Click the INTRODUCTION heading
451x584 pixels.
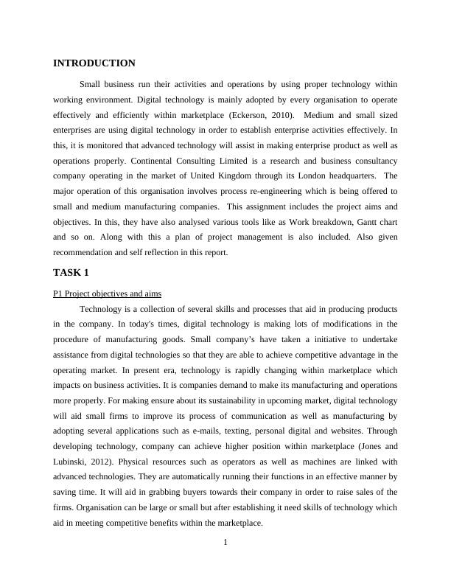pyautogui.click(x=94, y=63)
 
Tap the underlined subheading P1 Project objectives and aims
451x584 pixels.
pyautogui.click(x=107, y=293)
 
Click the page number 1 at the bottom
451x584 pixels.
pyautogui.click(x=225, y=543)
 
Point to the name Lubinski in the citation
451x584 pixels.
pyautogui.click(x=73, y=461)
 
